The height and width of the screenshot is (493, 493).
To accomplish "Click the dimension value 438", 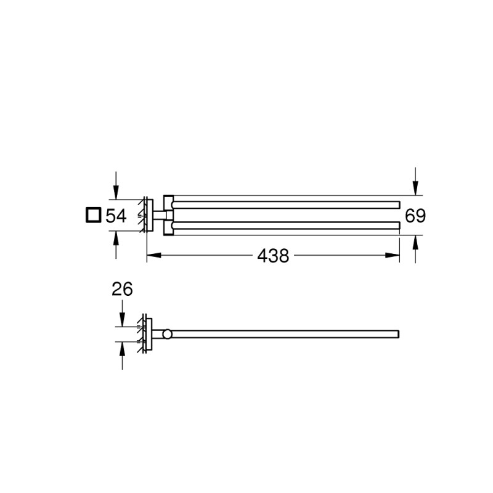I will (x=274, y=256).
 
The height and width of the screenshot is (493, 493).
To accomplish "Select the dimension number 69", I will (x=415, y=216).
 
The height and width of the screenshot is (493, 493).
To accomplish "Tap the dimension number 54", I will (x=116, y=216).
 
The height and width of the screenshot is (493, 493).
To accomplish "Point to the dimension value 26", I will (x=122, y=290).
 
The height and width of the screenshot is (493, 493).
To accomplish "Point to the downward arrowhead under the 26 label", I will (x=122, y=320).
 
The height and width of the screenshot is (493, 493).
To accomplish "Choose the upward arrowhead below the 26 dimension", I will (x=122, y=349).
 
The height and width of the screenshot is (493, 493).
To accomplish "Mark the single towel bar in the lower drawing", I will (x=287, y=334).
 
